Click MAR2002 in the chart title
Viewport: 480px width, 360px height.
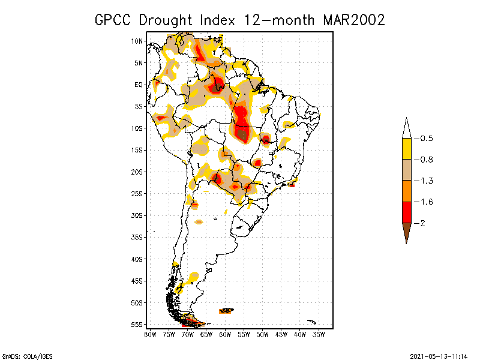point(353,20)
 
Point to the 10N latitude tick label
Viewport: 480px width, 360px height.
point(137,41)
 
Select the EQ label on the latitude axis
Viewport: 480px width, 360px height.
point(138,85)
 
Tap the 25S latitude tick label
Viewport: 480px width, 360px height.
point(137,193)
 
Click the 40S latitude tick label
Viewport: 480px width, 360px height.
point(137,259)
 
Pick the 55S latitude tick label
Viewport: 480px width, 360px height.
point(137,324)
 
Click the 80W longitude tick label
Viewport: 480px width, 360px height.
point(150,334)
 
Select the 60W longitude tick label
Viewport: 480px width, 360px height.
point(225,334)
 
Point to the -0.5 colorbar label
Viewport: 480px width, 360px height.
point(425,139)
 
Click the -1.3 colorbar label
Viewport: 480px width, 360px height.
point(425,181)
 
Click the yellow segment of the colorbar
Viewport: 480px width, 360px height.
point(406,149)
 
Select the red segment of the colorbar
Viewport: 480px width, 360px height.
point(406,212)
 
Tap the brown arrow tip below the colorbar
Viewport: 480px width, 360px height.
point(406,233)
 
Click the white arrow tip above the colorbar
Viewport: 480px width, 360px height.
point(406,128)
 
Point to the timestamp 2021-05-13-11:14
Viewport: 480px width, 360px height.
point(438,355)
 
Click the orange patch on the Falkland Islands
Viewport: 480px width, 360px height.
point(227,311)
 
